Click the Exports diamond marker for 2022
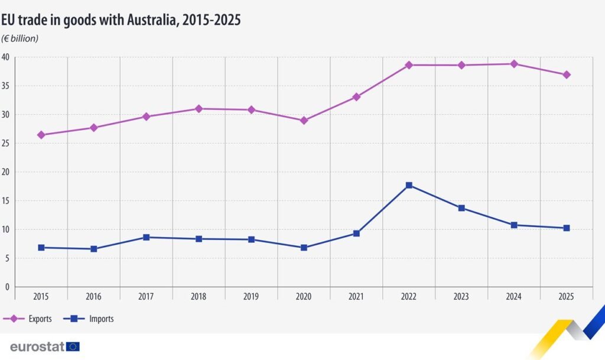[409, 64]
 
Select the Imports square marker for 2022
[409, 186]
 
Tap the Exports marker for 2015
[41, 135]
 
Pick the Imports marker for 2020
[304, 248]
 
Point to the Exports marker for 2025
[567, 74]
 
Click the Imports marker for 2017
[146, 237]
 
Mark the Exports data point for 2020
[304, 120]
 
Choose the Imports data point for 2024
[514, 225]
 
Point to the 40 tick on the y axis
[5, 57]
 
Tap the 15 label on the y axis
[5, 201]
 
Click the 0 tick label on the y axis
[7, 287]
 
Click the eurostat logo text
[37, 346]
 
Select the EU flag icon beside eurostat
[73, 346]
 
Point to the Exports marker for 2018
[199, 109]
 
